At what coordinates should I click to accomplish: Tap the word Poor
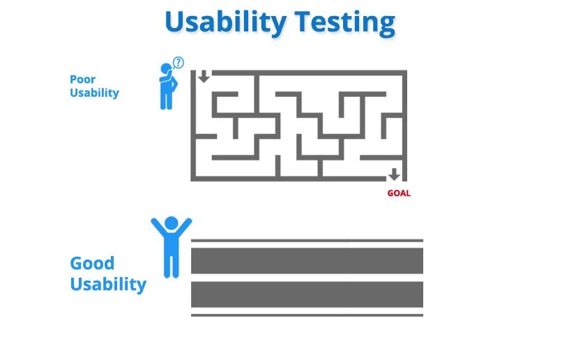pyautogui.click(x=82, y=80)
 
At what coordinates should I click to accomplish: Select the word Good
pyautogui.click(x=92, y=264)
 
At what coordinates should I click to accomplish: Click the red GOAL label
pyautogui.click(x=399, y=193)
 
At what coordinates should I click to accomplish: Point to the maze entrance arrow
pyautogui.click(x=203, y=76)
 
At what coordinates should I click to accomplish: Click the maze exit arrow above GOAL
pyautogui.click(x=394, y=174)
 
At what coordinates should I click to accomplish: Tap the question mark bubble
pyautogui.click(x=179, y=63)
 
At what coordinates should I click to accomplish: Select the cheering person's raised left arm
pyautogui.click(x=158, y=227)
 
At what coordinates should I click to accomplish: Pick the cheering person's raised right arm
pyautogui.click(x=184, y=227)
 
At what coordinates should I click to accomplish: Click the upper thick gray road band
pyautogui.click(x=307, y=261)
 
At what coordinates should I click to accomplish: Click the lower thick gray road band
pyautogui.click(x=307, y=294)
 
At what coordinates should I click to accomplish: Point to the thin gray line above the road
pyautogui.click(x=307, y=241)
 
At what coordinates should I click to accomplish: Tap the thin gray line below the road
pyautogui.click(x=307, y=315)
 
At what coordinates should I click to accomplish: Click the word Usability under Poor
pyautogui.click(x=94, y=93)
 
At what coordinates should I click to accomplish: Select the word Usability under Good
pyautogui.click(x=108, y=285)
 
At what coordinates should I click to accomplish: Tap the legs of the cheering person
pyautogui.click(x=171, y=265)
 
